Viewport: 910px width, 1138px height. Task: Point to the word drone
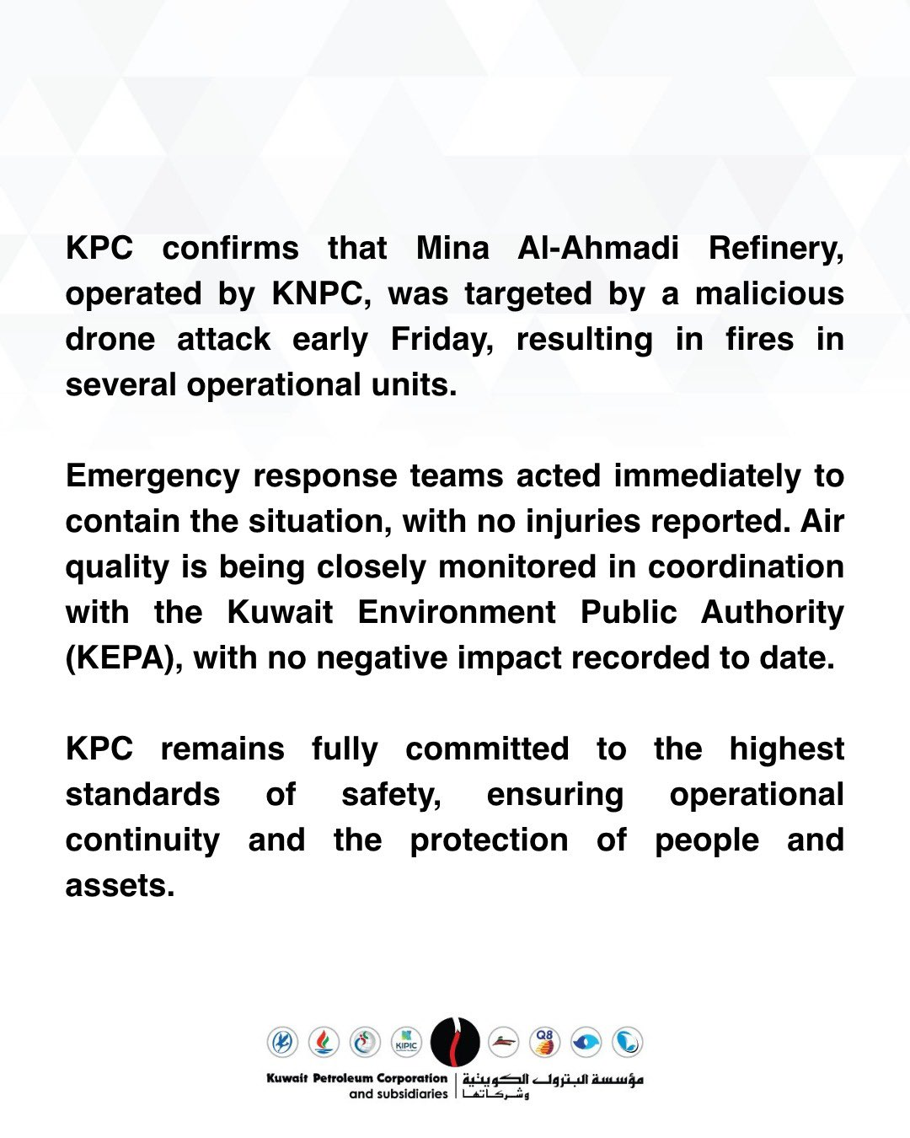[110, 340]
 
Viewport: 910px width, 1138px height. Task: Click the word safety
[391, 795]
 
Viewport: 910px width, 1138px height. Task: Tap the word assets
[120, 886]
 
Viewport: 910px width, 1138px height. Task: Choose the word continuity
[142, 840]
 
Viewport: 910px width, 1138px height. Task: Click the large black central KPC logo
[455, 1042]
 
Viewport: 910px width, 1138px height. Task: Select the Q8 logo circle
[544, 1043]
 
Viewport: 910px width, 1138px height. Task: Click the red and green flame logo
[324, 1043]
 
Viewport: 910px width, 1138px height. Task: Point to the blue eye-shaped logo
[586, 1043]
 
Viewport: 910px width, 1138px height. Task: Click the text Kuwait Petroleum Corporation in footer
[356, 1078]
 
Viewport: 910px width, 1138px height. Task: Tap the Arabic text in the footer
[553, 1084]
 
